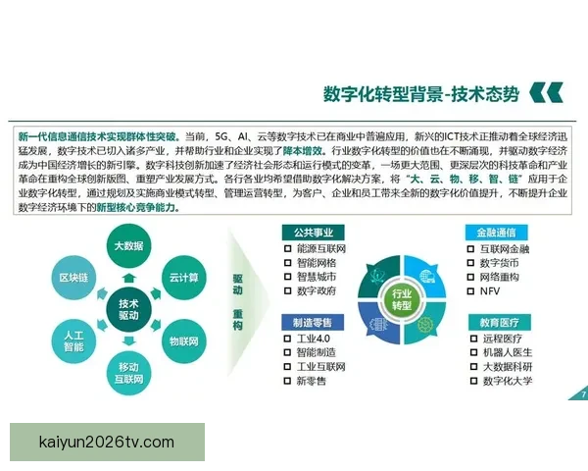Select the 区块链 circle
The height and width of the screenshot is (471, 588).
tap(74, 279)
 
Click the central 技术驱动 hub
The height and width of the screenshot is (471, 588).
tap(128, 309)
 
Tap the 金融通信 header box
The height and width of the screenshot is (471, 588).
tap(497, 233)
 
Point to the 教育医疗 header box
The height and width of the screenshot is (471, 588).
tap(497, 322)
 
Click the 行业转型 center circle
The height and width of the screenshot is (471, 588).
tap(401, 298)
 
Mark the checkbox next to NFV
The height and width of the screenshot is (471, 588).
tap(470, 292)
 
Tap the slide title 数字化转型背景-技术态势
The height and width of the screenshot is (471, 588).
tap(421, 93)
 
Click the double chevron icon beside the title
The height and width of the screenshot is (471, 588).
tap(546, 93)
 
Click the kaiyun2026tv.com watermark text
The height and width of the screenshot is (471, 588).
tap(108, 443)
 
